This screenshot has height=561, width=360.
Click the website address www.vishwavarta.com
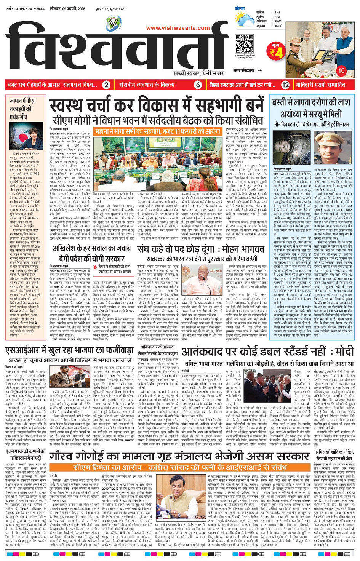pyautogui.click(x=178, y=28)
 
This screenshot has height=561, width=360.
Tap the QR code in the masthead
pyautogui.click(x=244, y=44)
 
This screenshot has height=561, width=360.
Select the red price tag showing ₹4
pyautogui.click(x=276, y=51)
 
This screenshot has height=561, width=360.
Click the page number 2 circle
pyautogui.click(x=107, y=85)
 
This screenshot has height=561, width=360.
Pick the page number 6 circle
pyautogui.click(x=198, y=85)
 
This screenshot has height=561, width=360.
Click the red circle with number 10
pyautogui.click(x=341, y=70)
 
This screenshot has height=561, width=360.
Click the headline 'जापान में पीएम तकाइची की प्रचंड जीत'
pyautogui.click(x=23, y=109)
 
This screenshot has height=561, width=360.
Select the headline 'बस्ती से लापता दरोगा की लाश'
pyautogui.click(x=311, y=103)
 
